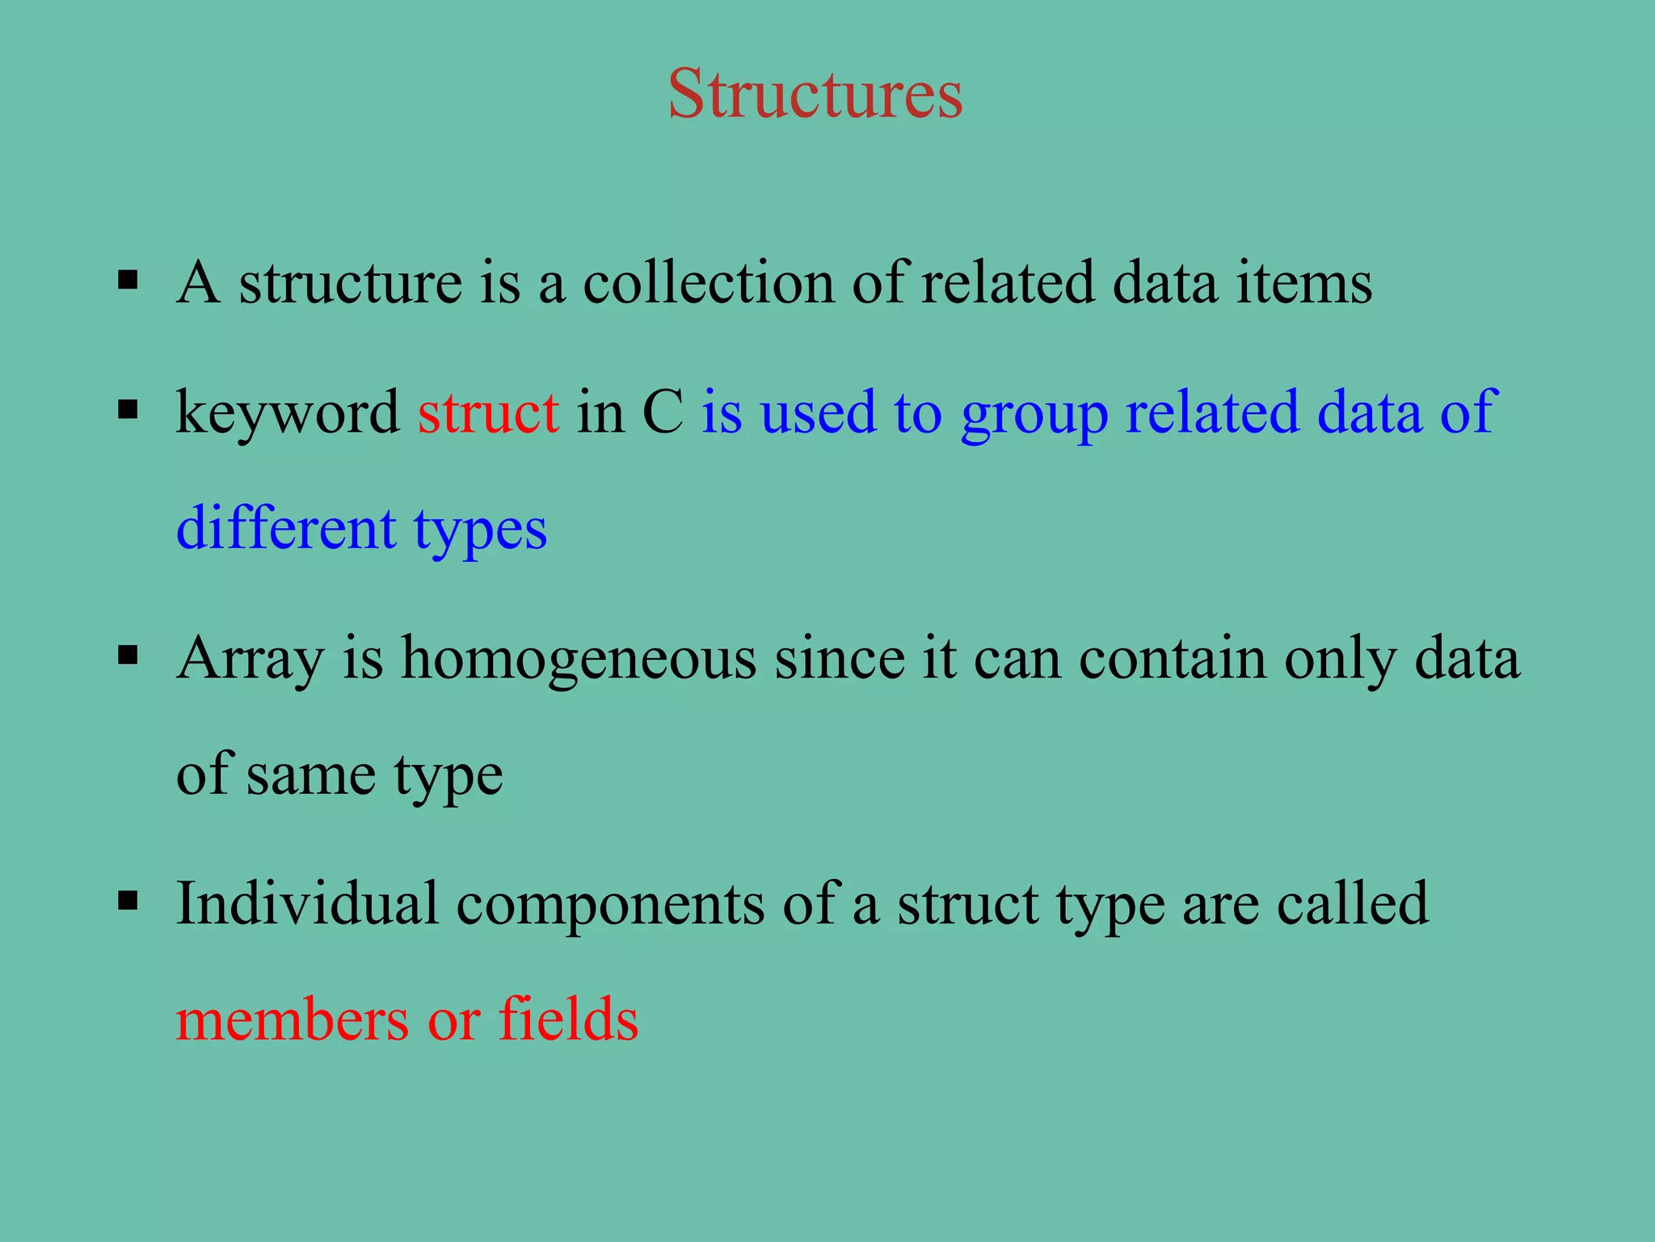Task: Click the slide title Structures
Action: point(815,95)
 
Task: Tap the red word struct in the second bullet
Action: point(488,412)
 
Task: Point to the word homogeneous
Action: point(579,659)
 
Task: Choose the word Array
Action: point(250,659)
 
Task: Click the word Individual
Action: point(307,903)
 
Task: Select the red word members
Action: point(293,1020)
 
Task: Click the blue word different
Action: point(286,529)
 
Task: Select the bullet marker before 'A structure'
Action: point(128,281)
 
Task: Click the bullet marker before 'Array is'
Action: point(128,654)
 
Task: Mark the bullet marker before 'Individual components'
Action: point(128,899)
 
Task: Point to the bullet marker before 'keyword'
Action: point(128,409)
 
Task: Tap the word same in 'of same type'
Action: point(310,775)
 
